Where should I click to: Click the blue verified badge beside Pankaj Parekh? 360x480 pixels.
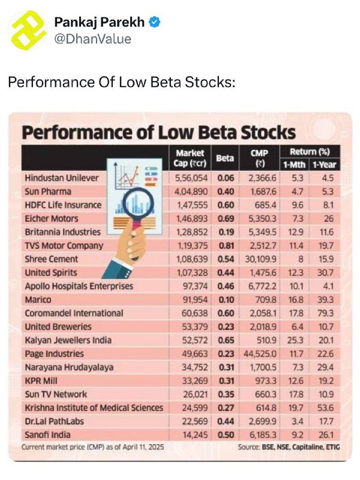coord(155,22)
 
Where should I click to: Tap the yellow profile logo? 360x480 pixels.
coord(27,30)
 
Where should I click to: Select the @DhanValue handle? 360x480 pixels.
coord(92,39)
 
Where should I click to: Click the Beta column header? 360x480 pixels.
coord(225,158)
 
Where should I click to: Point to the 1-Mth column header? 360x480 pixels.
coord(294,164)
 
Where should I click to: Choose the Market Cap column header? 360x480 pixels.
coord(190,158)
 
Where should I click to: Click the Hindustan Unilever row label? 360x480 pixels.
coord(62,178)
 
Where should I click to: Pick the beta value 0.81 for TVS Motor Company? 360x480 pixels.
coord(226,245)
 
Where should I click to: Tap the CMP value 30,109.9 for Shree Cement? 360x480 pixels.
coord(260,259)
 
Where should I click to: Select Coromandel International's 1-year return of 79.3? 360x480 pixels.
coord(325,313)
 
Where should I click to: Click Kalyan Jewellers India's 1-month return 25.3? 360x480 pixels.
coord(295,340)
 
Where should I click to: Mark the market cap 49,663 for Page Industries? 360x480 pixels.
coord(194,353)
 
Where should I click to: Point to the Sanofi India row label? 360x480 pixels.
coord(47,434)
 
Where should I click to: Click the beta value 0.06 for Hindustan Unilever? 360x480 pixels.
coord(226,178)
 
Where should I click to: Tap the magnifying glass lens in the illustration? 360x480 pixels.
coord(138,203)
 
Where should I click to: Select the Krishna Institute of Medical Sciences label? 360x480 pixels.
coord(94,408)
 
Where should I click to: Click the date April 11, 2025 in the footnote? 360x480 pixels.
coord(143,447)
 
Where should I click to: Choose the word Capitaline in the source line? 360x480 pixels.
coord(308,447)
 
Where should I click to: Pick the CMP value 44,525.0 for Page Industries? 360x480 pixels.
coord(260,353)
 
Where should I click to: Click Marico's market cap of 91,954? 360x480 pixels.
coord(195,299)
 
